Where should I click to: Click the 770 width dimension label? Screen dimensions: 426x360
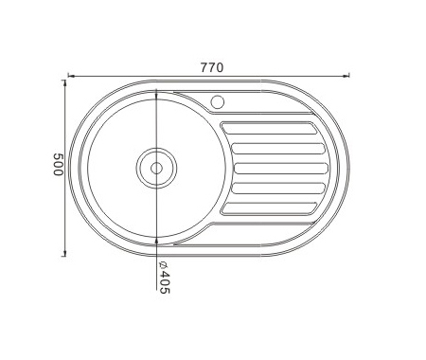212,67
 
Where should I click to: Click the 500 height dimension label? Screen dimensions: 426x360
59,164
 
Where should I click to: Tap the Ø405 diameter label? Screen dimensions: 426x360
164,278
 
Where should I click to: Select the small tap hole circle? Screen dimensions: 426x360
218,102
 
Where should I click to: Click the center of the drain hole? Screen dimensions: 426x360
156,169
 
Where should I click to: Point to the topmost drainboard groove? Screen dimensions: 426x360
269,128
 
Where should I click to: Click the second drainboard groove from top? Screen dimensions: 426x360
278,149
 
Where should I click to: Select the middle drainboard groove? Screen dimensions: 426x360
280,169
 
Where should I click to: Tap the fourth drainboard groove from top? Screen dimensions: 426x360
278,189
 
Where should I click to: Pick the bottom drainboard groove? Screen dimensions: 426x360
269,208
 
